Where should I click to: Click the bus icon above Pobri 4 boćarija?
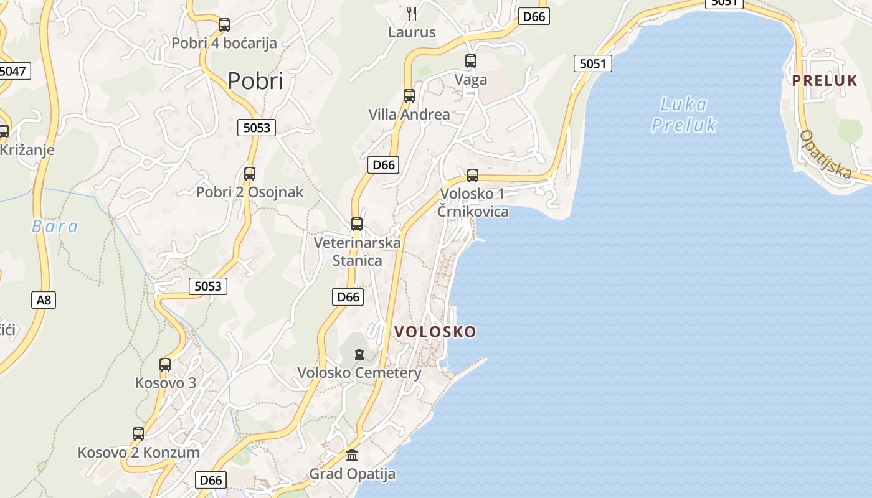224,25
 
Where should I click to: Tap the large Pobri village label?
255,81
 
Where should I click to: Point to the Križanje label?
27,150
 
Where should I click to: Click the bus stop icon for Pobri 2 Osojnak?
250,174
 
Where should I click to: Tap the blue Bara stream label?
55,226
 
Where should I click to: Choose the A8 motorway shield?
44,300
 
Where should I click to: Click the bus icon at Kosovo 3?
165,365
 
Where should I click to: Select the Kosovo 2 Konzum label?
138,453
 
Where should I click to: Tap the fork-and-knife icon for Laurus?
411,13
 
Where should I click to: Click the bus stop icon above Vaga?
471,61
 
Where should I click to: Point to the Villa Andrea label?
409,115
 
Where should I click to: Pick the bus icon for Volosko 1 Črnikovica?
473,176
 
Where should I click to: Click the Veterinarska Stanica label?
357,251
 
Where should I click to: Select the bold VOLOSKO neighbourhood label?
435,332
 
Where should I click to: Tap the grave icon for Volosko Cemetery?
359,355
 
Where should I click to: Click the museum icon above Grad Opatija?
352,455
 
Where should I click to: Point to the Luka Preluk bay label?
683,115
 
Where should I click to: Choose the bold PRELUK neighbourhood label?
825,80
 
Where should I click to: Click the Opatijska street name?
826,154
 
